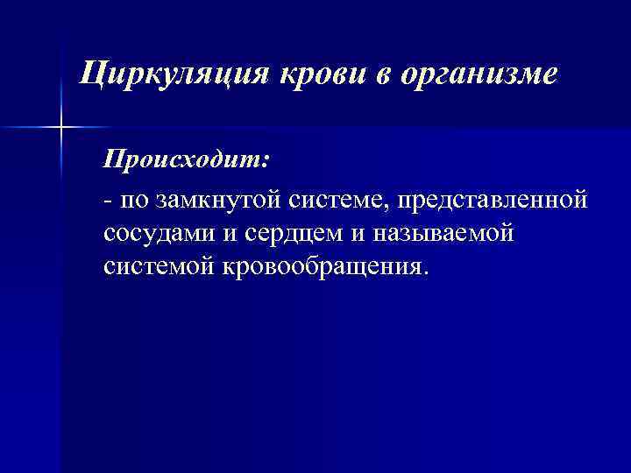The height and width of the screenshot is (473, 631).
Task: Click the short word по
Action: pyautogui.click(x=131, y=201)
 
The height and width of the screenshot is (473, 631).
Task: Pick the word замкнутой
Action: pyautogui.click(x=217, y=201)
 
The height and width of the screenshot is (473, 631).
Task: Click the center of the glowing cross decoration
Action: pyautogui.click(x=61, y=128)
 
